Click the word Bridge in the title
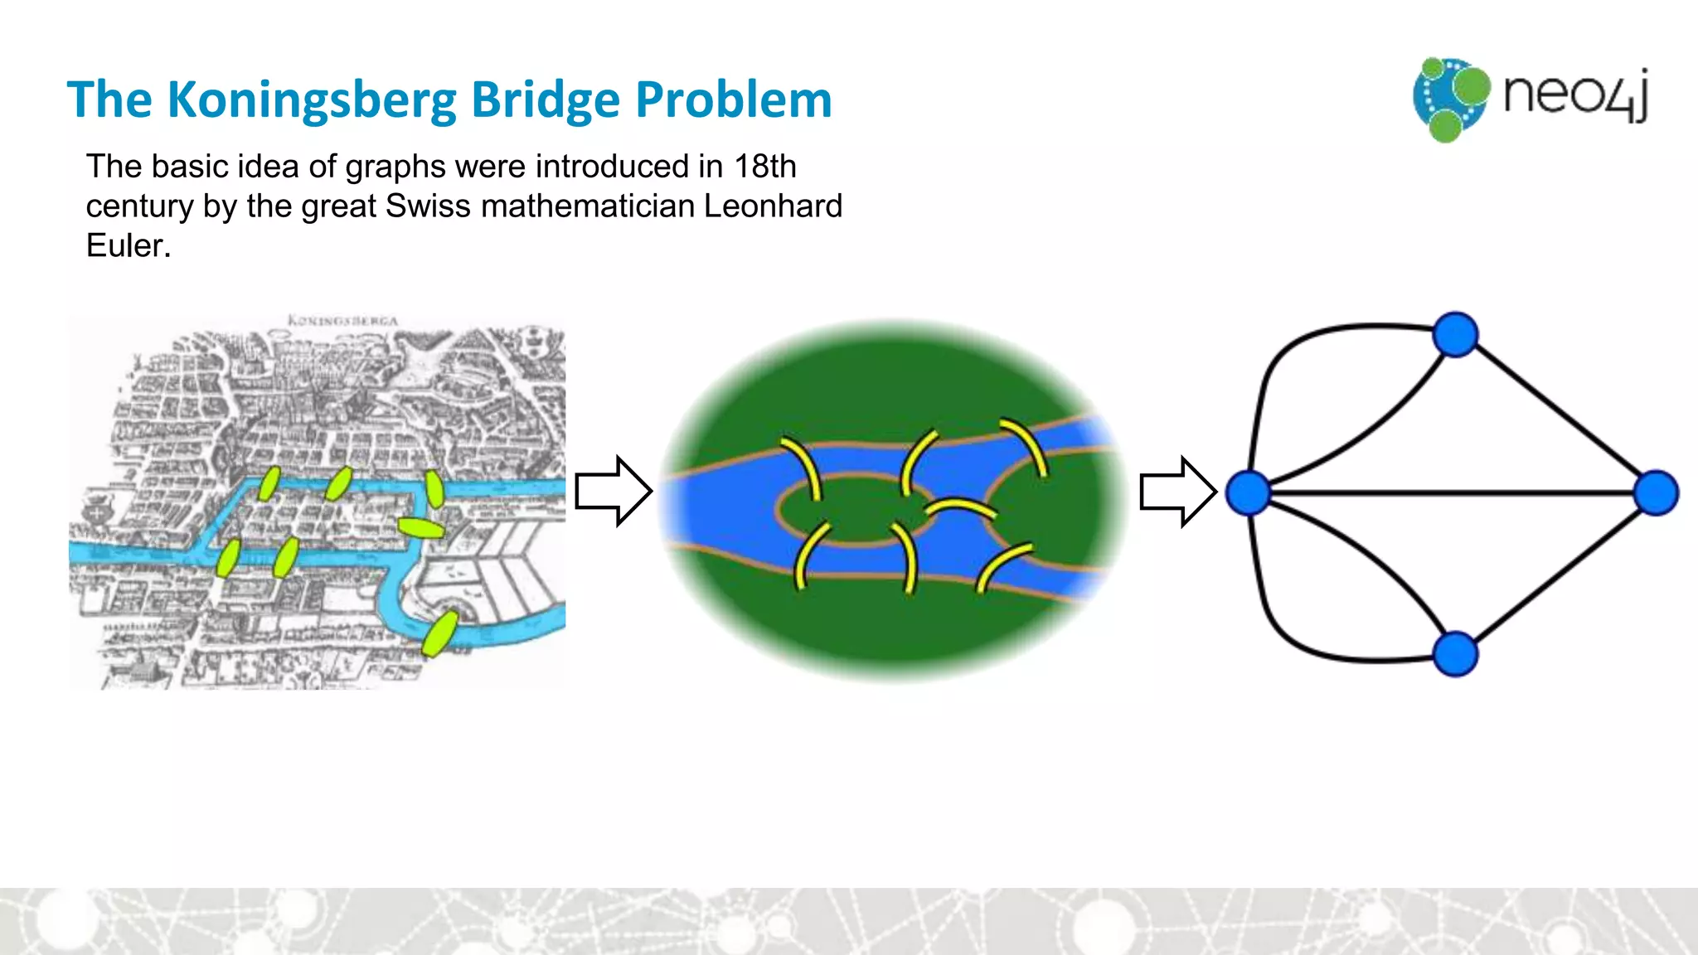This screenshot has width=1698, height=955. point(545,100)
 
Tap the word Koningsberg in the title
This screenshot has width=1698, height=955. point(311,100)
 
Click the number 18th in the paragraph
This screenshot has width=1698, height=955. point(764,167)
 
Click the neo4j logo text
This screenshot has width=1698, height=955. point(1575,95)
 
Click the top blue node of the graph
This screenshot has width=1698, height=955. point(1455,334)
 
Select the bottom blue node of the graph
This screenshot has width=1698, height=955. point(1455,654)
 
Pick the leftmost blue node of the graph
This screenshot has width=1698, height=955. point(1249,492)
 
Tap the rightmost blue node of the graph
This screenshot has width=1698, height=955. point(1656,493)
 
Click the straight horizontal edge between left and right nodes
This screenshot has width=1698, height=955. point(1451,493)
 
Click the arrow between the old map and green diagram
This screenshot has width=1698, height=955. point(614,491)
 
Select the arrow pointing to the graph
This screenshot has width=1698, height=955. point(1177,492)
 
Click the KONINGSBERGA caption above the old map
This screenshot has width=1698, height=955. point(342,320)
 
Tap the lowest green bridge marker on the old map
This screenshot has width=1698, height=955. point(439,633)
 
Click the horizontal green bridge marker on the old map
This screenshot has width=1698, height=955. point(421,527)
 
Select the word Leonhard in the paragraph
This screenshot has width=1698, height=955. point(773,206)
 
